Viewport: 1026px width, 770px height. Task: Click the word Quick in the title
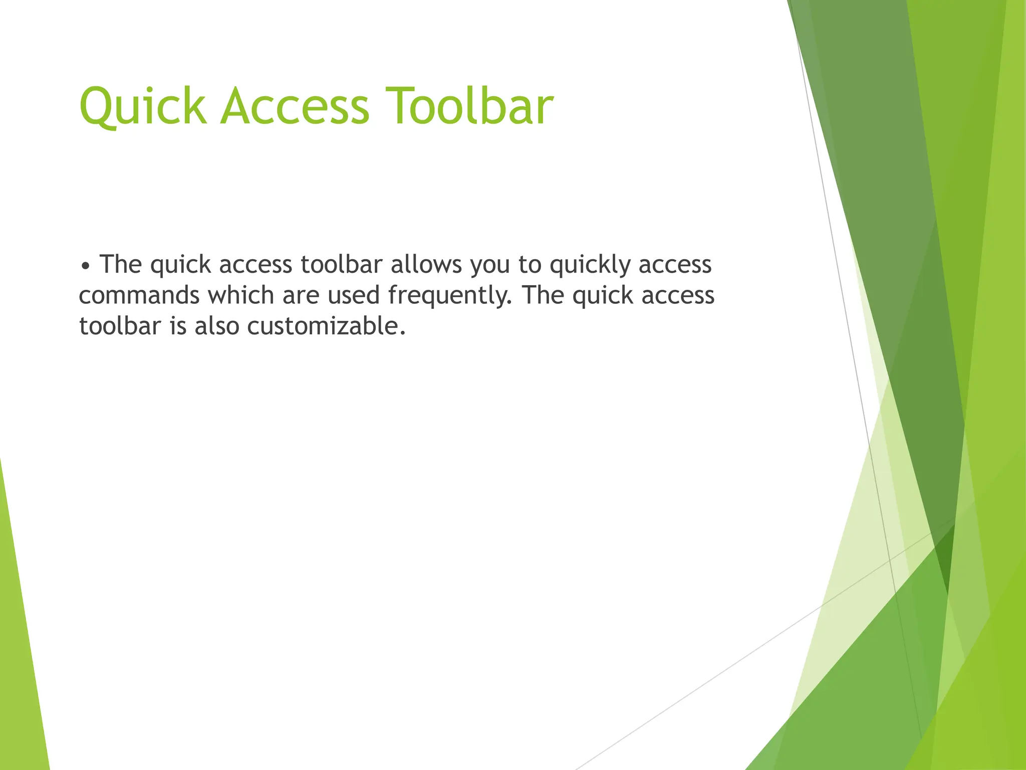pyautogui.click(x=143, y=106)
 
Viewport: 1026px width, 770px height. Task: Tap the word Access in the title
pyautogui.click(x=295, y=106)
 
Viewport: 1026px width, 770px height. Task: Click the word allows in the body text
pyautogui.click(x=426, y=264)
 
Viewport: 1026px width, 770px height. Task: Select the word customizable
pyautogui.click(x=326, y=326)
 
